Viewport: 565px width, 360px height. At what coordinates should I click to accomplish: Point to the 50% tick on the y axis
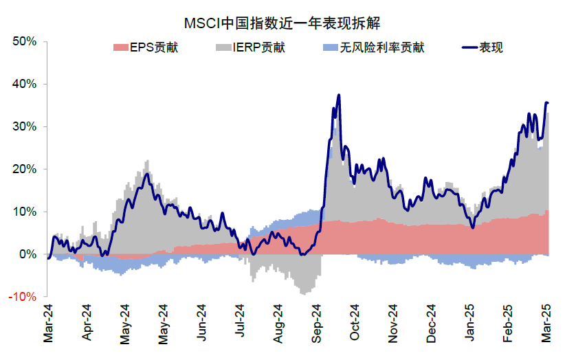point(25,42)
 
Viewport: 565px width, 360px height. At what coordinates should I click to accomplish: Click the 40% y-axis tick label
point(25,85)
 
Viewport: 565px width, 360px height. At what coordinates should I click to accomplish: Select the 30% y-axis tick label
point(25,127)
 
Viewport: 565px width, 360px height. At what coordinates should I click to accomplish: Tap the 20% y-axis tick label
point(25,170)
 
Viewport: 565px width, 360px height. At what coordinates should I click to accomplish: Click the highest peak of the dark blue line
point(339,95)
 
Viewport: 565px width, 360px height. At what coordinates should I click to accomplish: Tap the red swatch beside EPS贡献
point(119,48)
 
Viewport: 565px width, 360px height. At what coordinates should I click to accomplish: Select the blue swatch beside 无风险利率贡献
point(329,48)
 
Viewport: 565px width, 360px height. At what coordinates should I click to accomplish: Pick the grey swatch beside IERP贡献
point(225,48)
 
